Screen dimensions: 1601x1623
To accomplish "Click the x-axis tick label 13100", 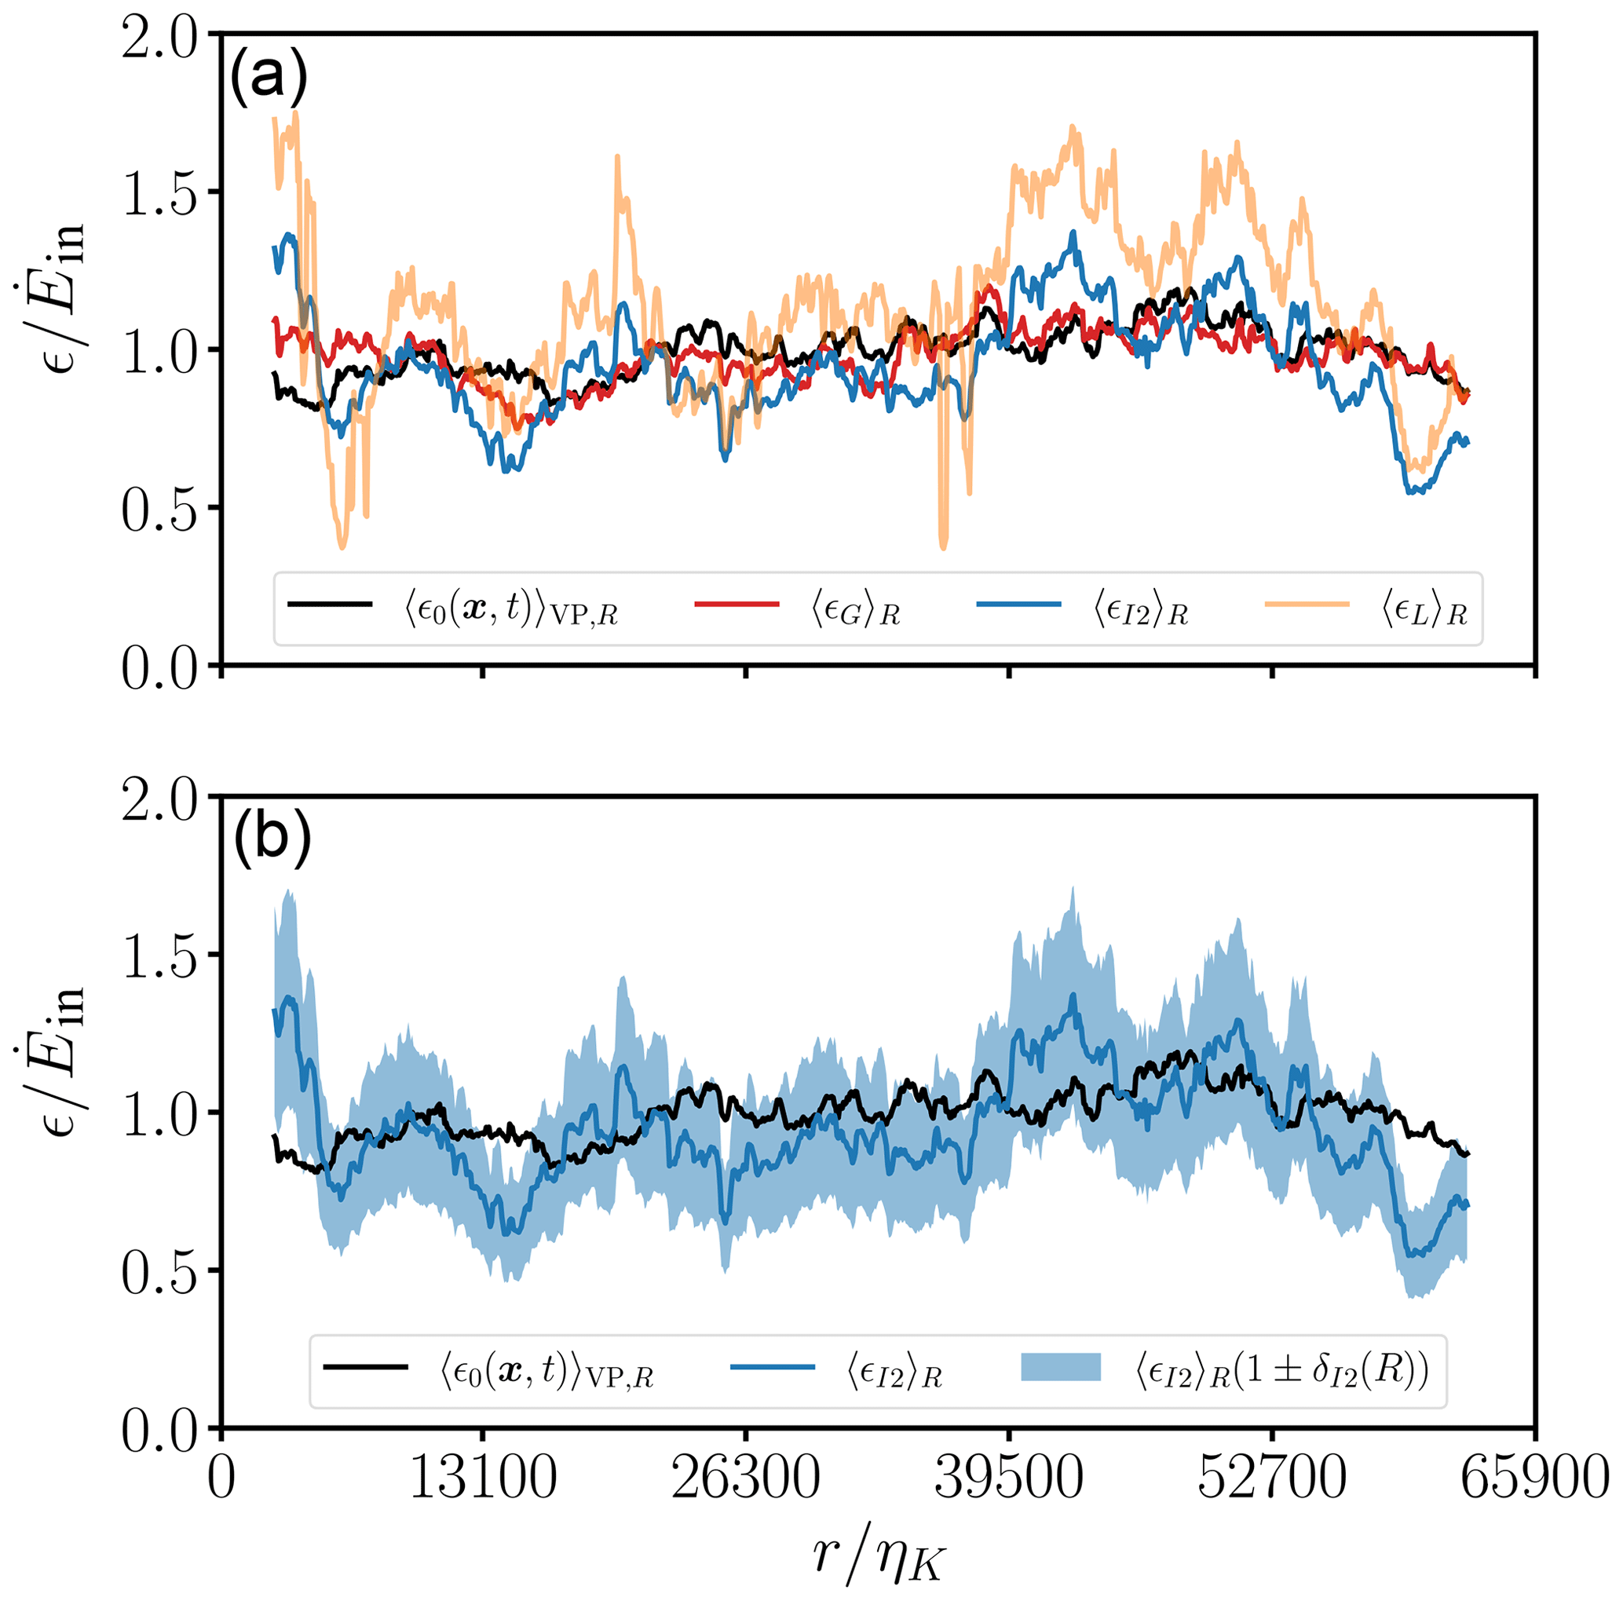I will (482, 1480).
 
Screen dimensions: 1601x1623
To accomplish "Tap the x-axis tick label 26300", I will (746, 1480).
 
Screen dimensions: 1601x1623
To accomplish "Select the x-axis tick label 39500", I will (1009, 1480).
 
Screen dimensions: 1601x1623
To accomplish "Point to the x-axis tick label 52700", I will (1273, 1480).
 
